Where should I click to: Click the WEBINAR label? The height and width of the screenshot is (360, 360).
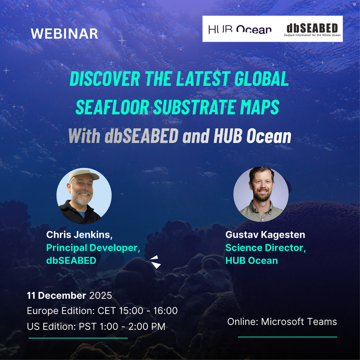(64, 34)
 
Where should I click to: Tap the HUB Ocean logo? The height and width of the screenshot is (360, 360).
(240, 30)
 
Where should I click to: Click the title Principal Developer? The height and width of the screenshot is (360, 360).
(93, 248)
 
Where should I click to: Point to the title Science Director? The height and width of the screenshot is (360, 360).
(265, 248)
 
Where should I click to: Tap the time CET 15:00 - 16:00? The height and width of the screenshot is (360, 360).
(143, 311)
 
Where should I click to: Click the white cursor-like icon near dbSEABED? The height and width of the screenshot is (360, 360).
(155, 261)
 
